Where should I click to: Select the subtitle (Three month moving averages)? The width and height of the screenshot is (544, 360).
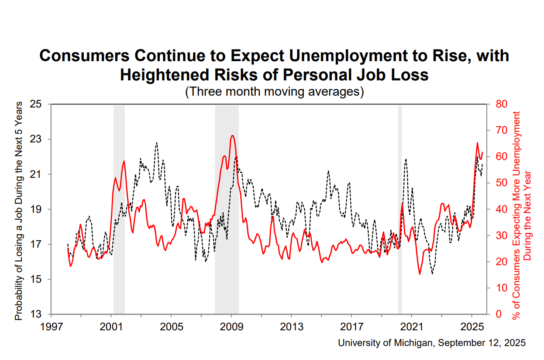point(275,92)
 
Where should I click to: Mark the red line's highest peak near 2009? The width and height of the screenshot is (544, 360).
point(232,135)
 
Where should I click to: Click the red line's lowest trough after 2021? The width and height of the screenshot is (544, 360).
point(420,274)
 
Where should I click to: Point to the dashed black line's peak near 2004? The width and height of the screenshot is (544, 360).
point(156,142)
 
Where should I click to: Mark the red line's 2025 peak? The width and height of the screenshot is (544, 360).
point(477,143)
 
